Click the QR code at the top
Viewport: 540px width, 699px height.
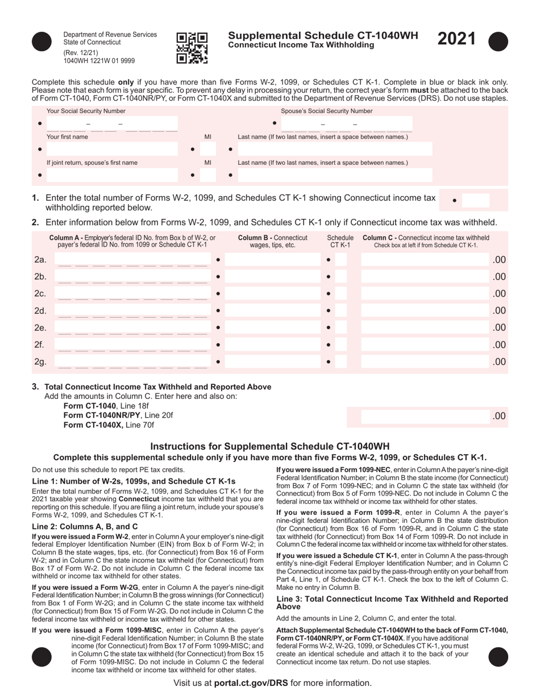[x=192, y=48]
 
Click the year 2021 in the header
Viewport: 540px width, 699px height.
[x=456, y=39]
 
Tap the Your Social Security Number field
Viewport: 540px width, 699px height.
[x=111, y=124]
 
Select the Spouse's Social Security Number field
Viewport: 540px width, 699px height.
[x=347, y=124]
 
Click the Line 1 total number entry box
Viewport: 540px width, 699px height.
[x=478, y=200]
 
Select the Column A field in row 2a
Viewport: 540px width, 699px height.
[x=133, y=260]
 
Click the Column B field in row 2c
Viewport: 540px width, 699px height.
[x=273, y=294]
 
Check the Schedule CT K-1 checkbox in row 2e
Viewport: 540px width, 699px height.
[x=340, y=328]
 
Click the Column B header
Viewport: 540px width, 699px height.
[x=272, y=242]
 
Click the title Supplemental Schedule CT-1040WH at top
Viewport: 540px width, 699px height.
[x=323, y=36]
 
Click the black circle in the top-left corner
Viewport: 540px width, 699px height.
[x=41, y=42]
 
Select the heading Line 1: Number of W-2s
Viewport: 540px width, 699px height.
[x=134, y=481]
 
